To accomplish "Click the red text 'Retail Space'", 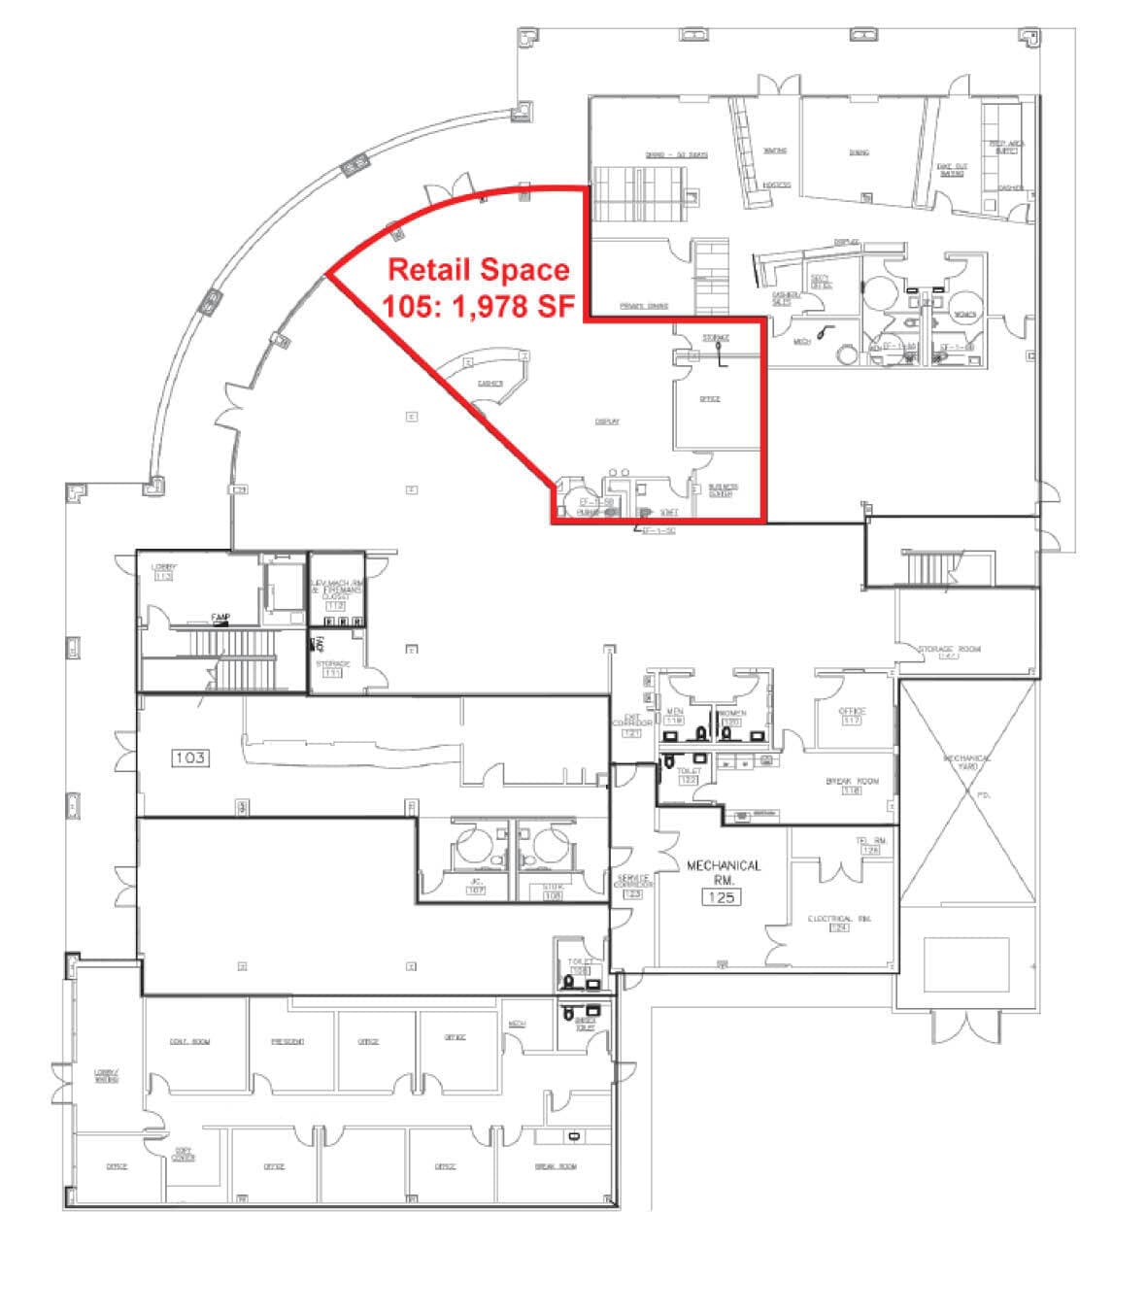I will [479, 269].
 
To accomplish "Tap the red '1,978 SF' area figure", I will [516, 305].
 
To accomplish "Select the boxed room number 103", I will [189, 757].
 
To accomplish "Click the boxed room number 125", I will [723, 897].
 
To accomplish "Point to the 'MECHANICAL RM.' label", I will [724, 871].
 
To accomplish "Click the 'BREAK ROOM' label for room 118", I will [852, 781].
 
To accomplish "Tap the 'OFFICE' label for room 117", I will [852, 712].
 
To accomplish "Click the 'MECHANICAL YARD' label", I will [966, 762].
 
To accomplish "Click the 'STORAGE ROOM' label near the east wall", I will [950, 649].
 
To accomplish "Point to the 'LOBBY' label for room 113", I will [163, 566].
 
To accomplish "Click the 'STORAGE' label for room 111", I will [332, 663].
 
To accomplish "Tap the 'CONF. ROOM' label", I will [189, 1042].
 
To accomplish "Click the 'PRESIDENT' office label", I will [287, 1042].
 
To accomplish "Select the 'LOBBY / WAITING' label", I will [105, 1075].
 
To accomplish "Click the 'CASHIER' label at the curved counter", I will [490, 383].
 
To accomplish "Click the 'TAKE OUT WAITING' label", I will [952, 169].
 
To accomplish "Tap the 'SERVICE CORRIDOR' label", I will [632, 880].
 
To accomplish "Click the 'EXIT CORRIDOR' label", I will [631, 723].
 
